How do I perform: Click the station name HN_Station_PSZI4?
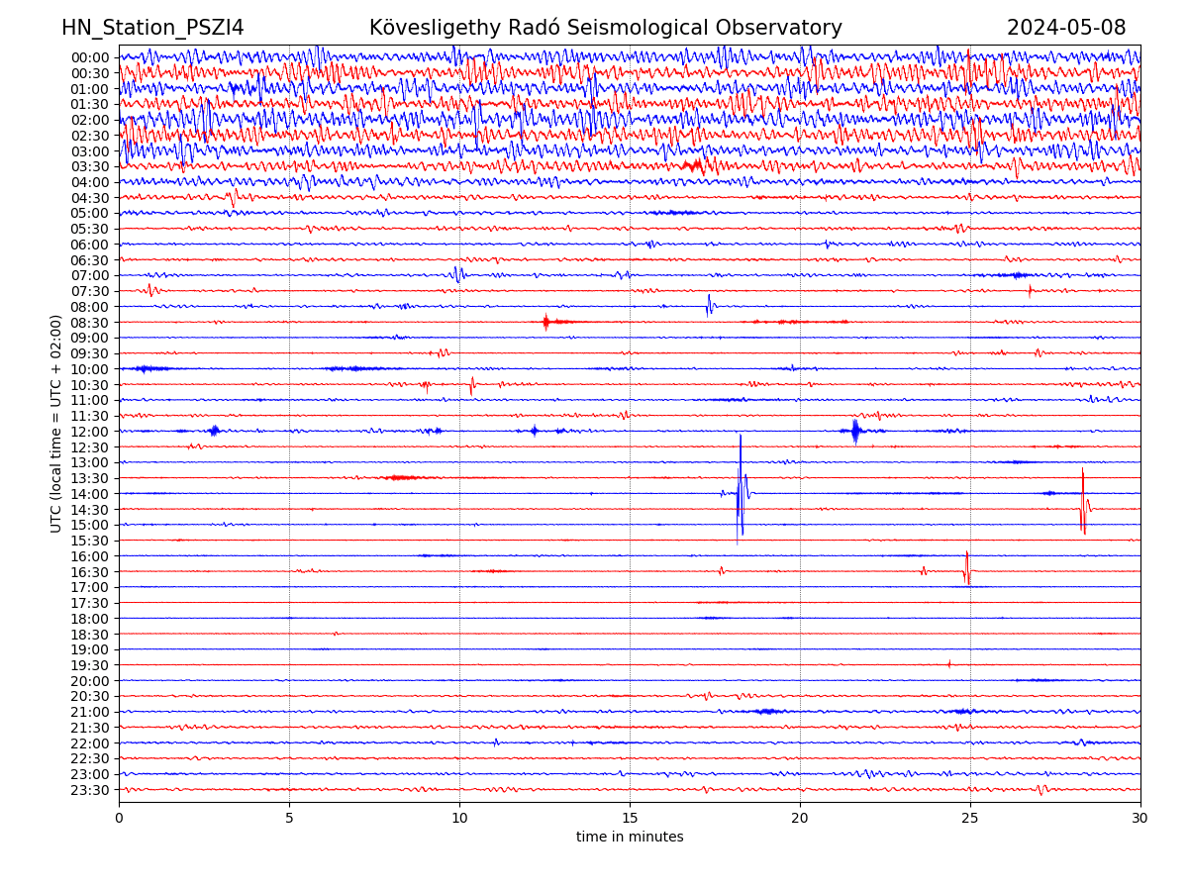click(152, 28)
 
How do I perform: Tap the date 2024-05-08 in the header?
click(1066, 28)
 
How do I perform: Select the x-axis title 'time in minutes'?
click(630, 838)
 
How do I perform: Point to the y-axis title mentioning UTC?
click(56, 424)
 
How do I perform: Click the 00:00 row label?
click(90, 57)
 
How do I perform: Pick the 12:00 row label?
click(90, 432)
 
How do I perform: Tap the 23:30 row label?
click(90, 790)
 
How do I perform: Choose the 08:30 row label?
click(90, 323)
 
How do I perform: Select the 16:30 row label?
click(90, 572)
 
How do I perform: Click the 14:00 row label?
click(90, 494)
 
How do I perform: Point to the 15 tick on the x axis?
click(630, 819)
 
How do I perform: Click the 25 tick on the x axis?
click(970, 819)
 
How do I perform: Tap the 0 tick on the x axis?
click(119, 819)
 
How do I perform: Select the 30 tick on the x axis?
click(1140, 819)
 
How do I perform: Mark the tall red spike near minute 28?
click(1082, 500)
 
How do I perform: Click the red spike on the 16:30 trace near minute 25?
click(966, 567)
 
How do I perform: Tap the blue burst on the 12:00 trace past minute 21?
click(855, 431)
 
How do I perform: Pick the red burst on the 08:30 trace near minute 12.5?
click(545, 322)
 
